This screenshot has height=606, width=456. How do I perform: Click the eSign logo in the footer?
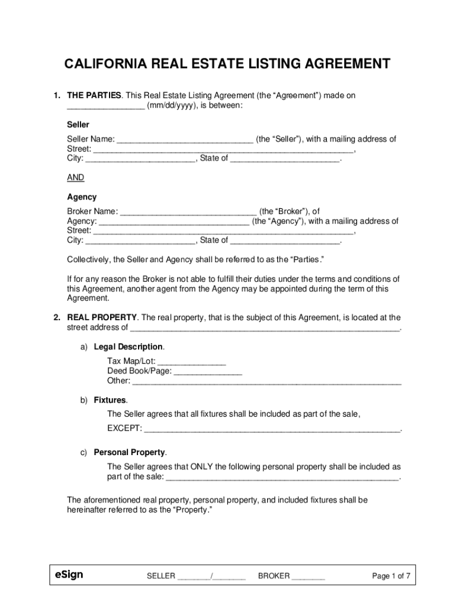pyautogui.click(x=69, y=575)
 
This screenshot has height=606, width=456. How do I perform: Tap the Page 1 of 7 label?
pyautogui.click(x=391, y=576)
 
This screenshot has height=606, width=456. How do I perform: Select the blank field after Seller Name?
pyautogui.click(x=185, y=140)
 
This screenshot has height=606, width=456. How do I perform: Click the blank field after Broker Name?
pyautogui.click(x=188, y=212)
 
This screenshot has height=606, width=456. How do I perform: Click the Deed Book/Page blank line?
pyautogui.click(x=208, y=372)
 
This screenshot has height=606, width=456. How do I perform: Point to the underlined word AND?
pyautogui.click(x=76, y=178)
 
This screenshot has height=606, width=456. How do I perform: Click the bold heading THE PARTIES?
pyautogui.click(x=94, y=96)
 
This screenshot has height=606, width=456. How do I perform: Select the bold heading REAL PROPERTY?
pyautogui.click(x=102, y=318)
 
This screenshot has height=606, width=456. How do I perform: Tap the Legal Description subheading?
pyautogui.click(x=128, y=347)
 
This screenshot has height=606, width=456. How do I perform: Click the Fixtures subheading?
pyautogui.click(x=110, y=400)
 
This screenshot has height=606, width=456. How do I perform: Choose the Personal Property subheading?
pyautogui.click(x=130, y=452)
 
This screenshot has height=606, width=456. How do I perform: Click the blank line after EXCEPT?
pyautogui.click(x=272, y=429)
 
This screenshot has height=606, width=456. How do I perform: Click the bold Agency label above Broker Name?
pyautogui.click(x=82, y=197)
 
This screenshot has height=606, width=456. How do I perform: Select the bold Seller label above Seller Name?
pyautogui.click(x=78, y=125)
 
